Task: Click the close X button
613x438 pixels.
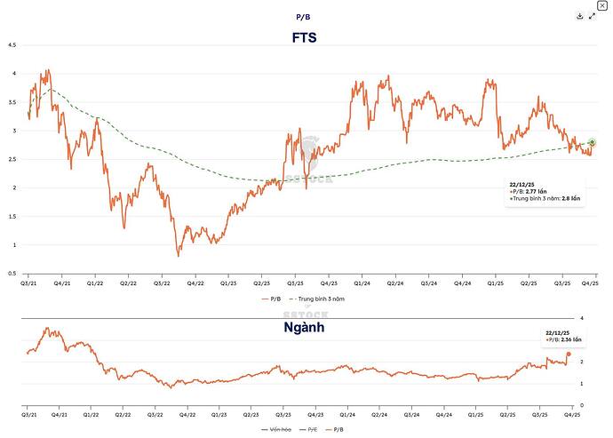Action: click(603, 5)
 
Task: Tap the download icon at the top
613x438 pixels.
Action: click(579, 16)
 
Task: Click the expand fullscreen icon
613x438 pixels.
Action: click(592, 16)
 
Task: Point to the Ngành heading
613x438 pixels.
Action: click(305, 327)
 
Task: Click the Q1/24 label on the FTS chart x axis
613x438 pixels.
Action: click(362, 283)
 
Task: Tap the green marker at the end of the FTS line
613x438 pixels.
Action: click(593, 143)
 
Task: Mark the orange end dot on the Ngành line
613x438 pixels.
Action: click(569, 354)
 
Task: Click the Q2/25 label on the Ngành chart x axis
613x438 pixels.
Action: click(507, 414)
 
